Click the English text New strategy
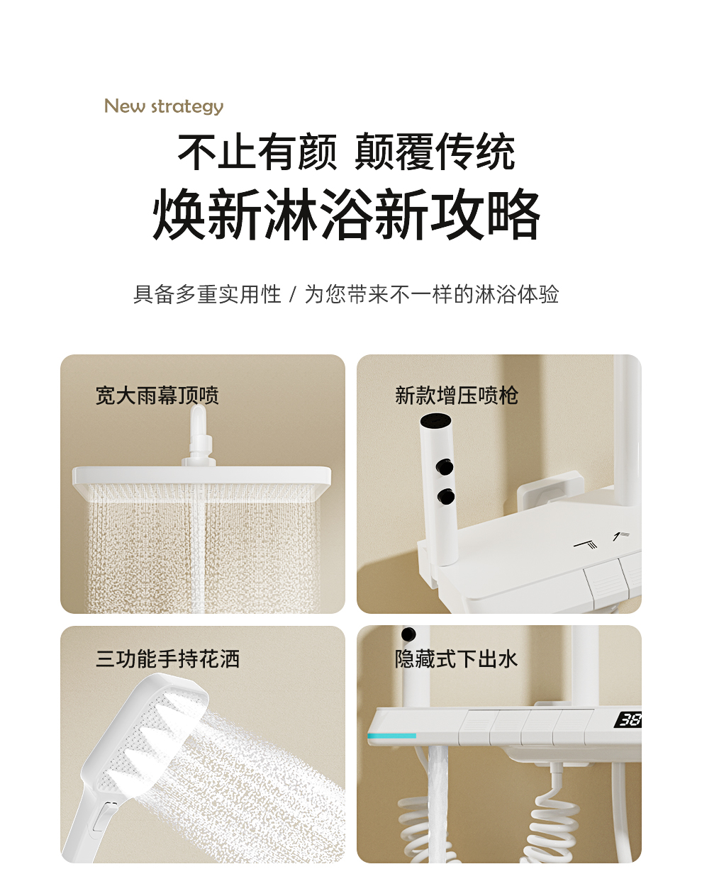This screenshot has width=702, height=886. pyautogui.click(x=164, y=106)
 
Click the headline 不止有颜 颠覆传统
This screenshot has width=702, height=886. pyautogui.click(x=346, y=152)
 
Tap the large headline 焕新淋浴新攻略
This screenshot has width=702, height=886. pyautogui.click(x=346, y=214)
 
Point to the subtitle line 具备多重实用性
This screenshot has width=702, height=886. pyautogui.click(x=207, y=294)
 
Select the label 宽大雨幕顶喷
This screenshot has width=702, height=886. pyautogui.click(x=157, y=396)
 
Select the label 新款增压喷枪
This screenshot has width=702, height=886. pyautogui.click(x=456, y=396)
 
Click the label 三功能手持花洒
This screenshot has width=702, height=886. pyautogui.click(x=167, y=658)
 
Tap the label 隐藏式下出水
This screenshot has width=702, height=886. pyautogui.click(x=456, y=658)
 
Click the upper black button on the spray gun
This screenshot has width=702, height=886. pyautogui.click(x=445, y=467)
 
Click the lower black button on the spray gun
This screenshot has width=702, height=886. pyautogui.click(x=446, y=497)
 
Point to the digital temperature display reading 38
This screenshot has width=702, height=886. pyautogui.click(x=629, y=719)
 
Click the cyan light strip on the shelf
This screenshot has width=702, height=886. pyautogui.click(x=392, y=736)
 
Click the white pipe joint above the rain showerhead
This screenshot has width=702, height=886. pyautogui.click(x=199, y=436)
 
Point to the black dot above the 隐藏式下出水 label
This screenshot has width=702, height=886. pyautogui.click(x=408, y=634)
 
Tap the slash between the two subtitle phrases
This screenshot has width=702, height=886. pyautogui.click(x=293, y=295)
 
